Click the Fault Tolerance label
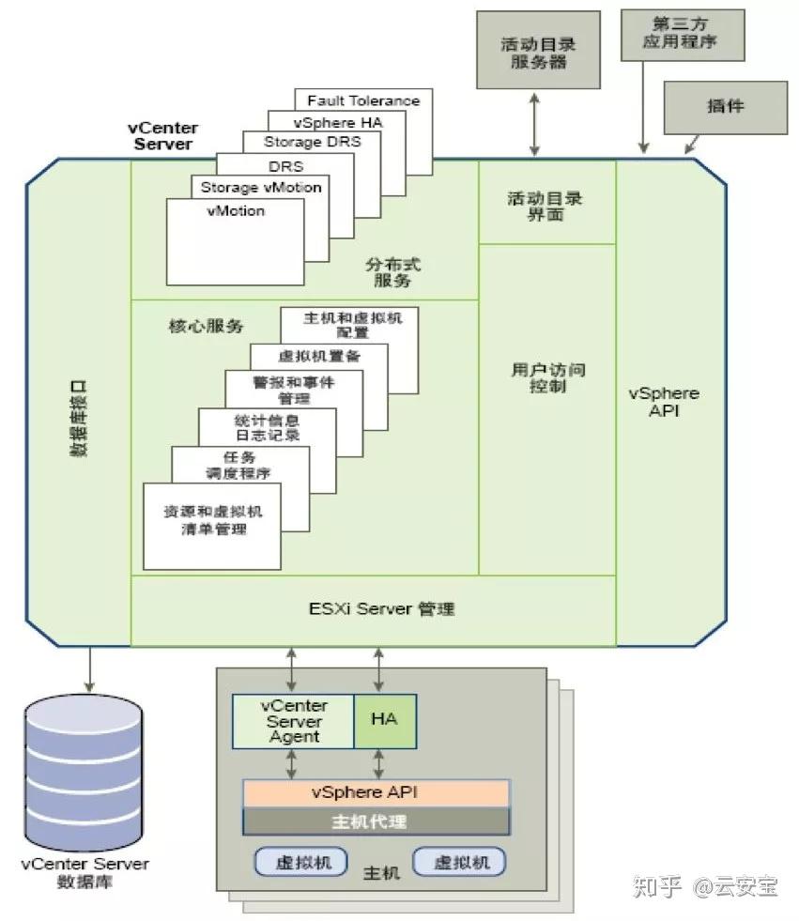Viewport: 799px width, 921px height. click(363, 100)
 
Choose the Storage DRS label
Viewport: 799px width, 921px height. click(310, 143)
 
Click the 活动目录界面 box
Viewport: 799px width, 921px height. click(546, 206)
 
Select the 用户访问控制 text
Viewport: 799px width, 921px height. click(545, 377)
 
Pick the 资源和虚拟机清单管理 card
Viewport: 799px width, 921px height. click(212, 523)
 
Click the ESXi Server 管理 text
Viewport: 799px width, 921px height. click(381, 609)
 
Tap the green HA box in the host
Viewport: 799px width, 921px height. click(384, 721)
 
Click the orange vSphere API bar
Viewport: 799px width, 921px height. click(376, 792)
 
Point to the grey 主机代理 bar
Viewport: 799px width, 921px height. click(376, 821)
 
